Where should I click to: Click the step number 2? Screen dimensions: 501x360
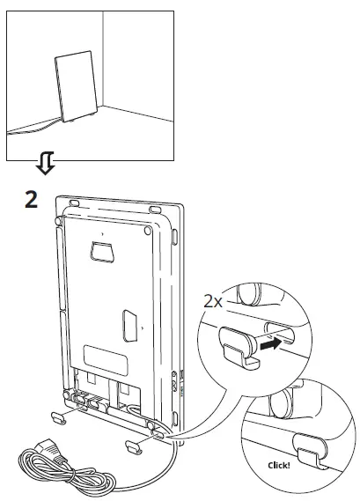(31, 198)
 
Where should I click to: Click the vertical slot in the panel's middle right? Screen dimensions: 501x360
(129, 326)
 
